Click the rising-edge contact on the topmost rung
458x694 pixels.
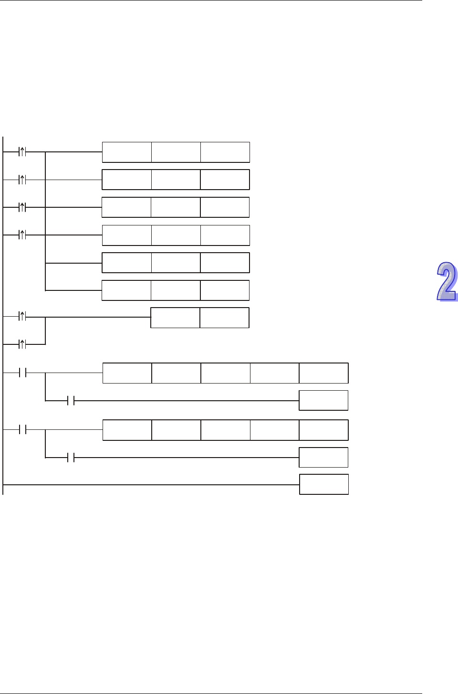point(22,152)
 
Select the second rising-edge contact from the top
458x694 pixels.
point(22,180)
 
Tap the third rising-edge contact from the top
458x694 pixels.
point(22,207)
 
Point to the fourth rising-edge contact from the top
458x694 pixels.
point(22,235)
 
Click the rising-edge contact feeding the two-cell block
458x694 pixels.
point(22,316)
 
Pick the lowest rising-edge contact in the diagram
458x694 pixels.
point(22,344)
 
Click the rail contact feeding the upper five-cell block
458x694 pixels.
point(22,373)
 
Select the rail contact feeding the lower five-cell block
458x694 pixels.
point(22,430)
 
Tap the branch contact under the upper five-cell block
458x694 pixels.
point(71,401)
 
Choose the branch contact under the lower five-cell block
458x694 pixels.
point(71,458)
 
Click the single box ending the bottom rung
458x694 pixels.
point(324,484)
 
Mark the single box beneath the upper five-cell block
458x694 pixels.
point(323,400)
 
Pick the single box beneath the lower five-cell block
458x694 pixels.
point(323,458)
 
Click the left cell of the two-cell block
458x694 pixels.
point(175,318)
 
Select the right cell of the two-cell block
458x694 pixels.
point(224,318)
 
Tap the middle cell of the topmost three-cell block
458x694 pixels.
point(176,152)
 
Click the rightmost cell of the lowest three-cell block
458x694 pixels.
point(225,290)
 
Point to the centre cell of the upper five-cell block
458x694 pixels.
point(226,373)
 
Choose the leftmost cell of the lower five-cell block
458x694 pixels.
point(127,430)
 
